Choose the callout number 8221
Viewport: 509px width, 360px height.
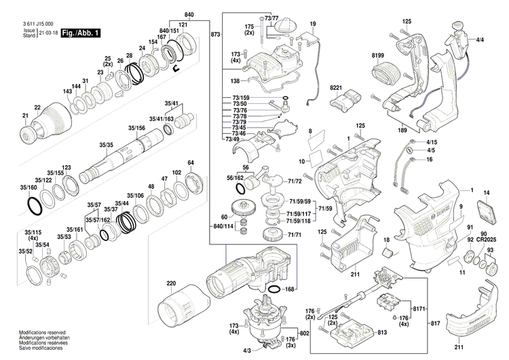point(335,88)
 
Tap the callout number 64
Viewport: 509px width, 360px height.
point(191,162)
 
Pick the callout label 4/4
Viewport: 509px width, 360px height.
point(480,40)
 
